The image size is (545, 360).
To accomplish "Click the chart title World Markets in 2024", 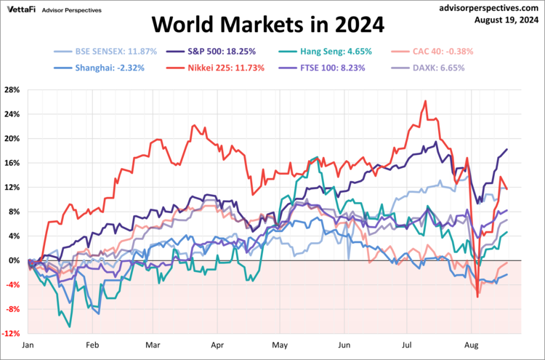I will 267,26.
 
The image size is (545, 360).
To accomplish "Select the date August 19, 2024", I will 503,20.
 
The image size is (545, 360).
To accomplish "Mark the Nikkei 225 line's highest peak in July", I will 424,101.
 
